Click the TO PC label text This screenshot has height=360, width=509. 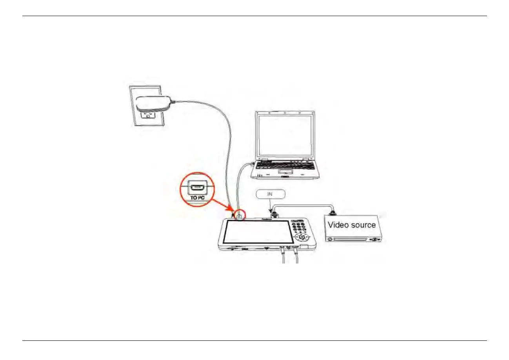coord(198,198)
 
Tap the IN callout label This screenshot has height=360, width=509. coord(270,194)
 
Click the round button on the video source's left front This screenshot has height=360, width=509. coord(330,239)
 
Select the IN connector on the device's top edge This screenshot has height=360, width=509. coord(274,215)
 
